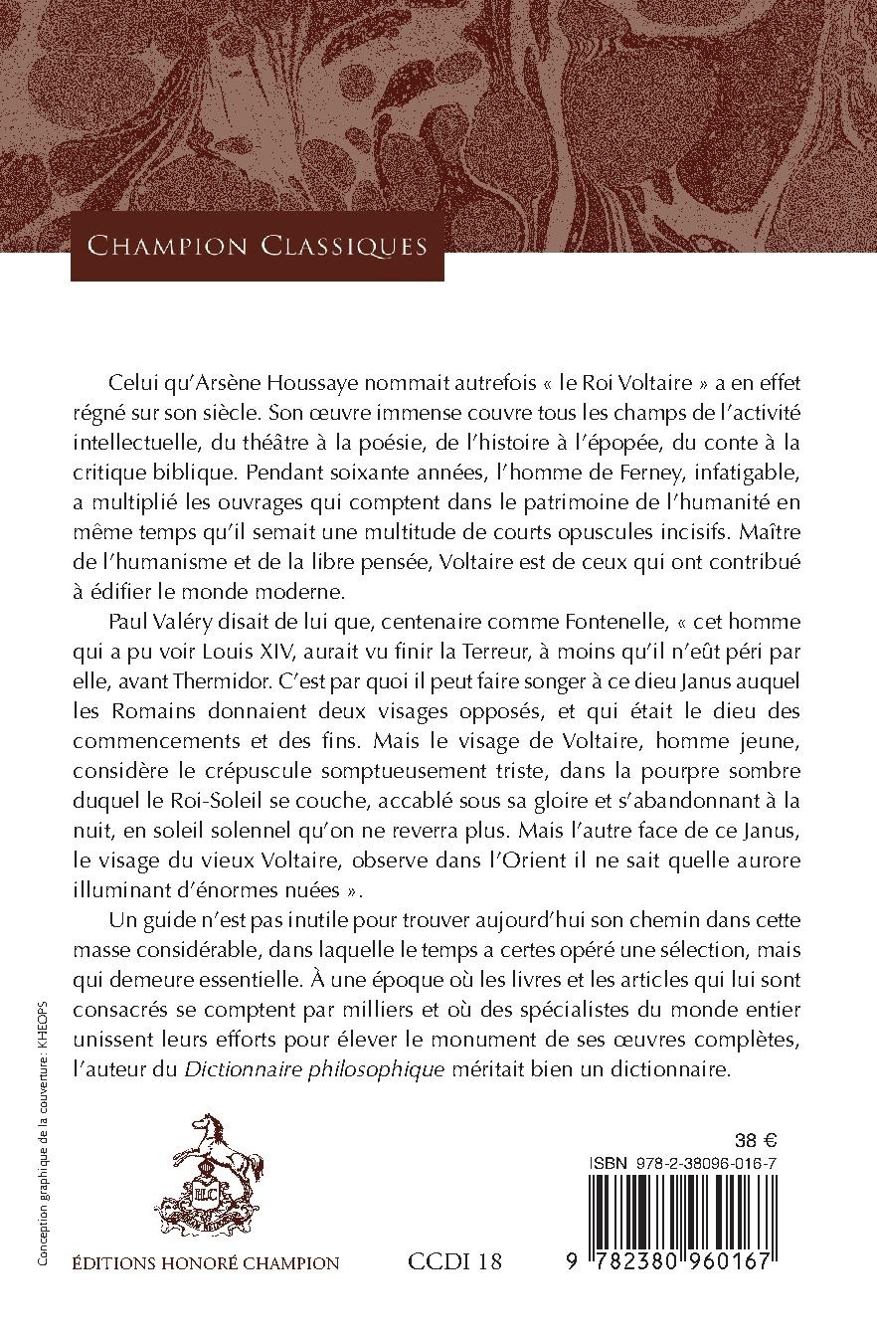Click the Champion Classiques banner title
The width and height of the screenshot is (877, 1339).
257,245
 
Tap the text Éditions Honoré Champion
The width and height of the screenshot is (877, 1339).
206,1263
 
